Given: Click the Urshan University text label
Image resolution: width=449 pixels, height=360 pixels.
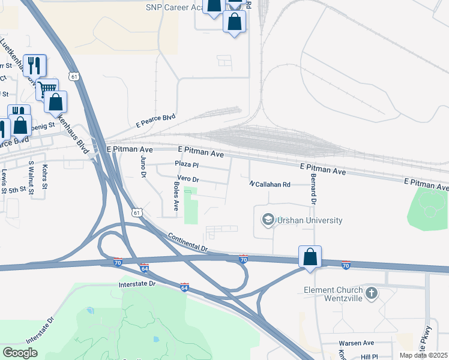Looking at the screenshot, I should [x=310, y=220].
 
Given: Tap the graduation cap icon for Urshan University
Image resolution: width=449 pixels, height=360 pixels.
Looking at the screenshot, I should [x=267, y=220].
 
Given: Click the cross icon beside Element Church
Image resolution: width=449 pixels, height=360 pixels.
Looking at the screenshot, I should [x=372, y=293].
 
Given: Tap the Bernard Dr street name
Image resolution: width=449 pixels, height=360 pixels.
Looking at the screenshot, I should [x=313, y=187].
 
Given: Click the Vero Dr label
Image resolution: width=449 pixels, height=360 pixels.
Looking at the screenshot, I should [x=187, y=179].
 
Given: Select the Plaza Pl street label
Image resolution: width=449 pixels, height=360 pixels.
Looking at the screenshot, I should [x=186, y=164].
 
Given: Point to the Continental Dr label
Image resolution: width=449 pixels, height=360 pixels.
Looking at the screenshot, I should [x=188, y=242].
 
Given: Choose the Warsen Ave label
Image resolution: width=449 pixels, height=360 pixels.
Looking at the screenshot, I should [x=356, y=343].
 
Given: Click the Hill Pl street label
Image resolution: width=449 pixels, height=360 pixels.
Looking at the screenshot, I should [x=370, y=356].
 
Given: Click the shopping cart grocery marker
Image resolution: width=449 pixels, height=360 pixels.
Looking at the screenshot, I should [x=46, y=89].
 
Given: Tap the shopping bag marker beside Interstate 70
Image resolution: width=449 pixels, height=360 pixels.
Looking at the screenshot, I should [x=310, y=257].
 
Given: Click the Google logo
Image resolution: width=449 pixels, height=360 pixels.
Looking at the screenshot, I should [x=20, y=353].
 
